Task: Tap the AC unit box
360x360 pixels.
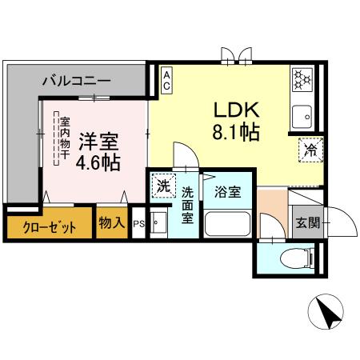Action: point(166,80)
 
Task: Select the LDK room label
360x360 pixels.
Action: point(234,110)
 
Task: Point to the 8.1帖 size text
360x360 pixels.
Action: point(235,132)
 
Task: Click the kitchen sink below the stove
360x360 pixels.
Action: point(303,117)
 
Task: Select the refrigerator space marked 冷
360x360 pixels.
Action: point(310,150)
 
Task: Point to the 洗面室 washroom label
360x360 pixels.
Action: point(187,204)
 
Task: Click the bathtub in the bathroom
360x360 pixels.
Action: point(228,224)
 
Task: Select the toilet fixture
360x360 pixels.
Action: point(296,258)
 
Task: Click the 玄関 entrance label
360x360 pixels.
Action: point(306,222)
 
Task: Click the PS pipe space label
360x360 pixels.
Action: point(138,224)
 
